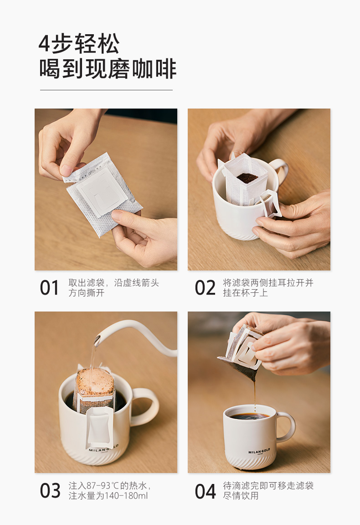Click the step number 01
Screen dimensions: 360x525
tap(49, 288)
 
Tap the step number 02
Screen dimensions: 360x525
tap(205, 288)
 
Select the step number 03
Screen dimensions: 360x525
tap(50, 491)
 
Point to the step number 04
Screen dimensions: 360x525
tap(205, 491)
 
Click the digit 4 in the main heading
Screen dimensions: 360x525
tap(44, 43)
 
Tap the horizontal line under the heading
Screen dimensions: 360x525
tap(106, 90)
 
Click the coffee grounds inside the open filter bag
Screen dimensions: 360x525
tap(247, 178)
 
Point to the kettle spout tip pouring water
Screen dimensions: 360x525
tap(97, 341)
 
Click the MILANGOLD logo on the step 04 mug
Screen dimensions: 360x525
tap(259, 452)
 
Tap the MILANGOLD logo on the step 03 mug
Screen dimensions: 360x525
tap(103, 449)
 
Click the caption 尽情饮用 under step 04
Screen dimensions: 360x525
tap(241, 495)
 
